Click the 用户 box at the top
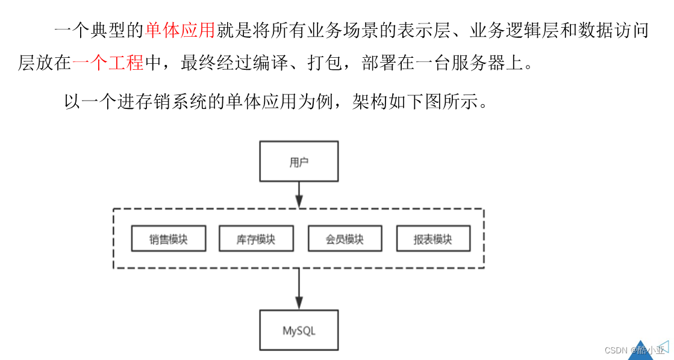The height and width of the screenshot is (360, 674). coord(299,161)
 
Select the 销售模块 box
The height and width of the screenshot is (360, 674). coord(168,239)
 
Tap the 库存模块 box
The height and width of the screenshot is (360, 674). coord(256,239)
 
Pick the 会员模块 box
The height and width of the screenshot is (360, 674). coord(345,239)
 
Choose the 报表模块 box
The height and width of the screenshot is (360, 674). coord(432,239)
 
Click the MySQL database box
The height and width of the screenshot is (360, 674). coord(299,331)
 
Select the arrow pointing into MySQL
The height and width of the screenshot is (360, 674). coord(299,290)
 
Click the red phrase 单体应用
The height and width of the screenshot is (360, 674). coord(179,31)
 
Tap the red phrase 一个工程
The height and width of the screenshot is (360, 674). coord(108,63)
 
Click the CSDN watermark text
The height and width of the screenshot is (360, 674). coord(632,350)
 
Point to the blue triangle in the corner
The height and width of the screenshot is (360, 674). coord(641,350)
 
